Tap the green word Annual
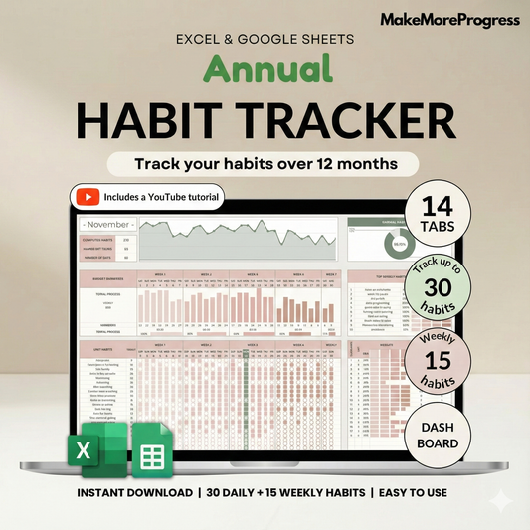pos(265,69)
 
